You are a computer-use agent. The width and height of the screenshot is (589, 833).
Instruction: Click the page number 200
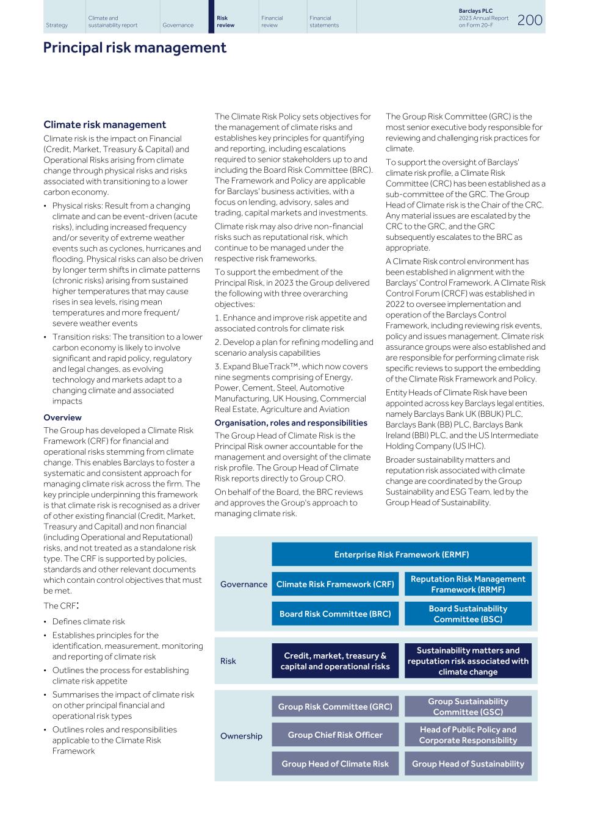coord(530,20)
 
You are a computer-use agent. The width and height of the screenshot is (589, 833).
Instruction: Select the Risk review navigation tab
coord(225,22)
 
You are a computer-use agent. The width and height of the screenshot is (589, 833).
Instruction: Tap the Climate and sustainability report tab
coord(113,22)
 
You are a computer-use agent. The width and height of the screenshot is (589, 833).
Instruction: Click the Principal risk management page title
coord(134,48)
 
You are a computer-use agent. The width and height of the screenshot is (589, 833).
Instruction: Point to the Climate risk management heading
coord(104,124)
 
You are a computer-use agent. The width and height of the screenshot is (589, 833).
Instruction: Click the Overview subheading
coord(62,418)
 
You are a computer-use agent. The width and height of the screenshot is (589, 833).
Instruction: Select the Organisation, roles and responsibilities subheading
coord(291,423)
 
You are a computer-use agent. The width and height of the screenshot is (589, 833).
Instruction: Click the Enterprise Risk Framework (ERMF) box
coord(401,555)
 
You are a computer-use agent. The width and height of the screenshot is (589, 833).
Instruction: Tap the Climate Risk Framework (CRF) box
coord(334,584)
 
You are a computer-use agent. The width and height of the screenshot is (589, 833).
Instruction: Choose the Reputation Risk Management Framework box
coord(468,584)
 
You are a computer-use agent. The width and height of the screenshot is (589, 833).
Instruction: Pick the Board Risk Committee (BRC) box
coord(334,614)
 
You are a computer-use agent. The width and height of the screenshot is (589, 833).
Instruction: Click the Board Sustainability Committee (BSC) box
coord(468,614)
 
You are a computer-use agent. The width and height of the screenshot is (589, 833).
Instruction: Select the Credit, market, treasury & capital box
coord(334,661)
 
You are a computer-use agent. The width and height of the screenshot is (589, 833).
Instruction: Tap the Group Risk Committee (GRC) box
coord(334,707)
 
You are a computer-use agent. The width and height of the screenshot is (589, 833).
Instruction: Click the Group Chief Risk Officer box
coord(334,735)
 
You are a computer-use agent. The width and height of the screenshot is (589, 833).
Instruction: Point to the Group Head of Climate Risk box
coord(334,763)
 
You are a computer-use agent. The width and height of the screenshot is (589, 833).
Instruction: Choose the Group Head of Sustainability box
coord(468,763)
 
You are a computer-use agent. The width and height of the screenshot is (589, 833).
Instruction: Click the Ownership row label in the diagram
coord(241,736)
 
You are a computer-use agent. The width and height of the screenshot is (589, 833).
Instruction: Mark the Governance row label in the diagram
coord(244,585)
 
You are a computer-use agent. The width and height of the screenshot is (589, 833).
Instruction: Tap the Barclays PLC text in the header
coord(475,11)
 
